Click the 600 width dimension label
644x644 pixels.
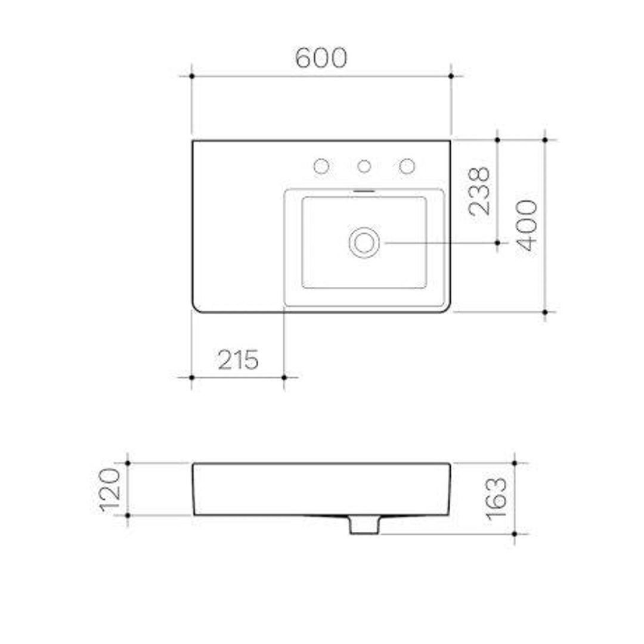[x=321, y=58]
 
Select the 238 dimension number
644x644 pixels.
[x=479, y=191]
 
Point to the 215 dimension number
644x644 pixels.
[x=238, y=360]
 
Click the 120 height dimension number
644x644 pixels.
[x=112, y=490]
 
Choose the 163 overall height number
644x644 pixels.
[x=497, y=499]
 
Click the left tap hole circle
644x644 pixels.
[x=321, y=166]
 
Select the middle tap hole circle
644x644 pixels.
[x=364, y=166]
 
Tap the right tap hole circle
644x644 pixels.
[x=407, y=166]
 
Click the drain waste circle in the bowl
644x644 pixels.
[x=364, y=243]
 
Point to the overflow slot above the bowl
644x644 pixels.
[x=364, y=191]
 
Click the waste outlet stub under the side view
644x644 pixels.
[x=364, y=526]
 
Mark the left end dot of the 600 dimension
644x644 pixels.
[x=191, y=76]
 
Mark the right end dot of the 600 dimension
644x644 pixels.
[x=451, y=76]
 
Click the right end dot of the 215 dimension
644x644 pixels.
[x=284, y=377]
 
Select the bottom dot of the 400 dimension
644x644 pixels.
[x=545, y=312]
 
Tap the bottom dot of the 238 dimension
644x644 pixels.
[x=497, y=243]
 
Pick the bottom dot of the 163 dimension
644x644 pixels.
[x=515, y=534]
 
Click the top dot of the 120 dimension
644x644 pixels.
[x=128, y=463]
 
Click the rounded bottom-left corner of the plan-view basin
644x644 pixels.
[x=196, y=308]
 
